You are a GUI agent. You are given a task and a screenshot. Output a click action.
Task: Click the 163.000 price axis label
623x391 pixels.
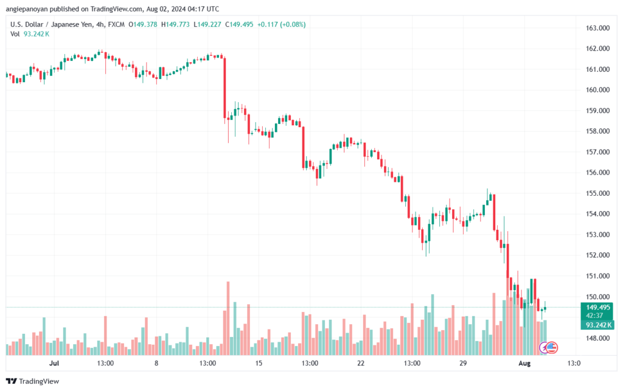pos(597,28)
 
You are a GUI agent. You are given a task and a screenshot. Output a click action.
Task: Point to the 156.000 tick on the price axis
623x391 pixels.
pos(597,172)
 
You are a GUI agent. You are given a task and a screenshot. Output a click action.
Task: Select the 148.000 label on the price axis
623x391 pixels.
pos(597,338)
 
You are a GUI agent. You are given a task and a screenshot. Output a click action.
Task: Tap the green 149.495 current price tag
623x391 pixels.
pos(597,307)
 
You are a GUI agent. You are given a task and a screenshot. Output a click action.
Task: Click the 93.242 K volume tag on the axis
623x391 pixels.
pos(597,325)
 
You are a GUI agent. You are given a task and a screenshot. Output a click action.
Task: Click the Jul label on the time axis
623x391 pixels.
pos(54,363)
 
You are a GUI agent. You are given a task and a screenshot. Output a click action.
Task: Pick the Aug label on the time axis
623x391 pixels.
pos(524,363)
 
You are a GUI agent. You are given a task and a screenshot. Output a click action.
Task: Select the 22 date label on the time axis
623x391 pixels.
pos(361,363)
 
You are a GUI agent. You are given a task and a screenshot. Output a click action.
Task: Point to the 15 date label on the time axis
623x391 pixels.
pos(259,363)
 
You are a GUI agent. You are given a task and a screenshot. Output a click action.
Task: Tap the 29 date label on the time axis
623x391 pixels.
pos(463,363)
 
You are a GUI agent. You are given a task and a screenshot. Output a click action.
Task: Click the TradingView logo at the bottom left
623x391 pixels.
pos(33,381)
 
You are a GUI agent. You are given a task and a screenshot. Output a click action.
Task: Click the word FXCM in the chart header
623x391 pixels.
pos(116,24)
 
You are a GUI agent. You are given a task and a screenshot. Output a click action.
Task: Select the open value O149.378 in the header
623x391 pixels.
pos(142,24)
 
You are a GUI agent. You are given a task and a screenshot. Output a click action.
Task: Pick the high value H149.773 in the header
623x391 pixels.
pos(175,24)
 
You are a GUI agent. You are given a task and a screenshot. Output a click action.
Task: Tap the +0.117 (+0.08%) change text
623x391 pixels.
pos(281,24)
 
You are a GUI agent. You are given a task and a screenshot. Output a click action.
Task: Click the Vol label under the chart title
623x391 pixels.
pos(15,33)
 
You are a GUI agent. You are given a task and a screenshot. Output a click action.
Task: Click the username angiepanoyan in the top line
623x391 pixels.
pos(26,9)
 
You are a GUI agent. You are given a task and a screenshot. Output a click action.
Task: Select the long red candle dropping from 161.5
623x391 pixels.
pos(225,88)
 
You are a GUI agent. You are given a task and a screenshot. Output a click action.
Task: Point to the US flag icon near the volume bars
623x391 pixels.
pos(551,348)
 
